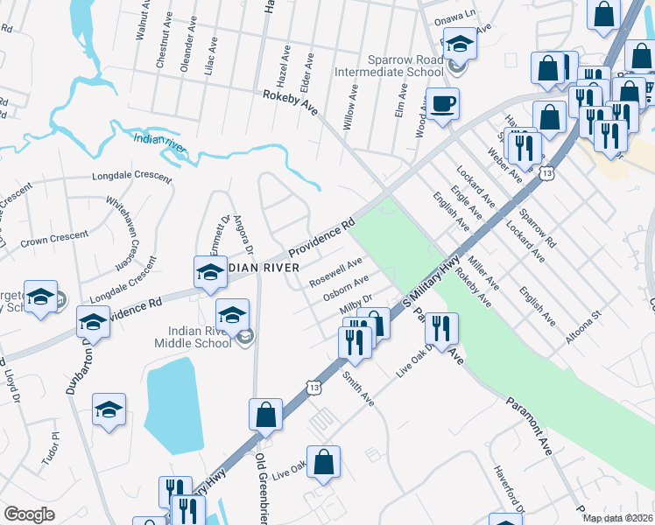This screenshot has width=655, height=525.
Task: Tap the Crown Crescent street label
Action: tap(54, 236)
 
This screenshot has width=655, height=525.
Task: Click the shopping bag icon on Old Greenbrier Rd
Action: tap(265, 415)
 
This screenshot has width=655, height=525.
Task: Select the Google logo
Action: tap(28, 514)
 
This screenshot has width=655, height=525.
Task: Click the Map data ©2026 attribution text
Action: tap(617, 518)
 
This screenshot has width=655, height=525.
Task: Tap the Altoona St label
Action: tap(584, 325)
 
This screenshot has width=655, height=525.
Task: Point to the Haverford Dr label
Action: tap(509, 489)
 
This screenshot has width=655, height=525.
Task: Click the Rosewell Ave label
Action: tap(335, 273)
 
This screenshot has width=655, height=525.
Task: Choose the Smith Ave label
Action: tap(358, 389)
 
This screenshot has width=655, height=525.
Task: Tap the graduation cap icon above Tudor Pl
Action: tap(109, 409)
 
